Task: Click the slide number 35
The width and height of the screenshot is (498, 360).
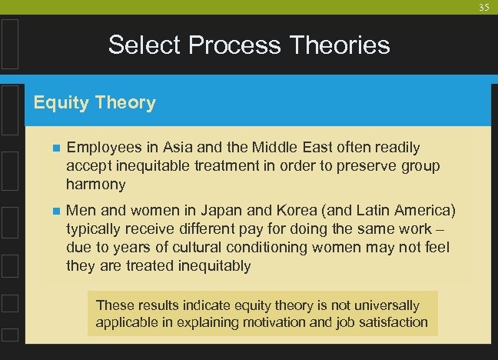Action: (x=483, y=8)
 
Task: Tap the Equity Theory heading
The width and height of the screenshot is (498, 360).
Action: (x=95, y=102)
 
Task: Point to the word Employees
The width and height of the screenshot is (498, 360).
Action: (x=102, y=147)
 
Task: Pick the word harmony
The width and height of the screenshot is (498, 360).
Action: (x=96, y=184)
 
